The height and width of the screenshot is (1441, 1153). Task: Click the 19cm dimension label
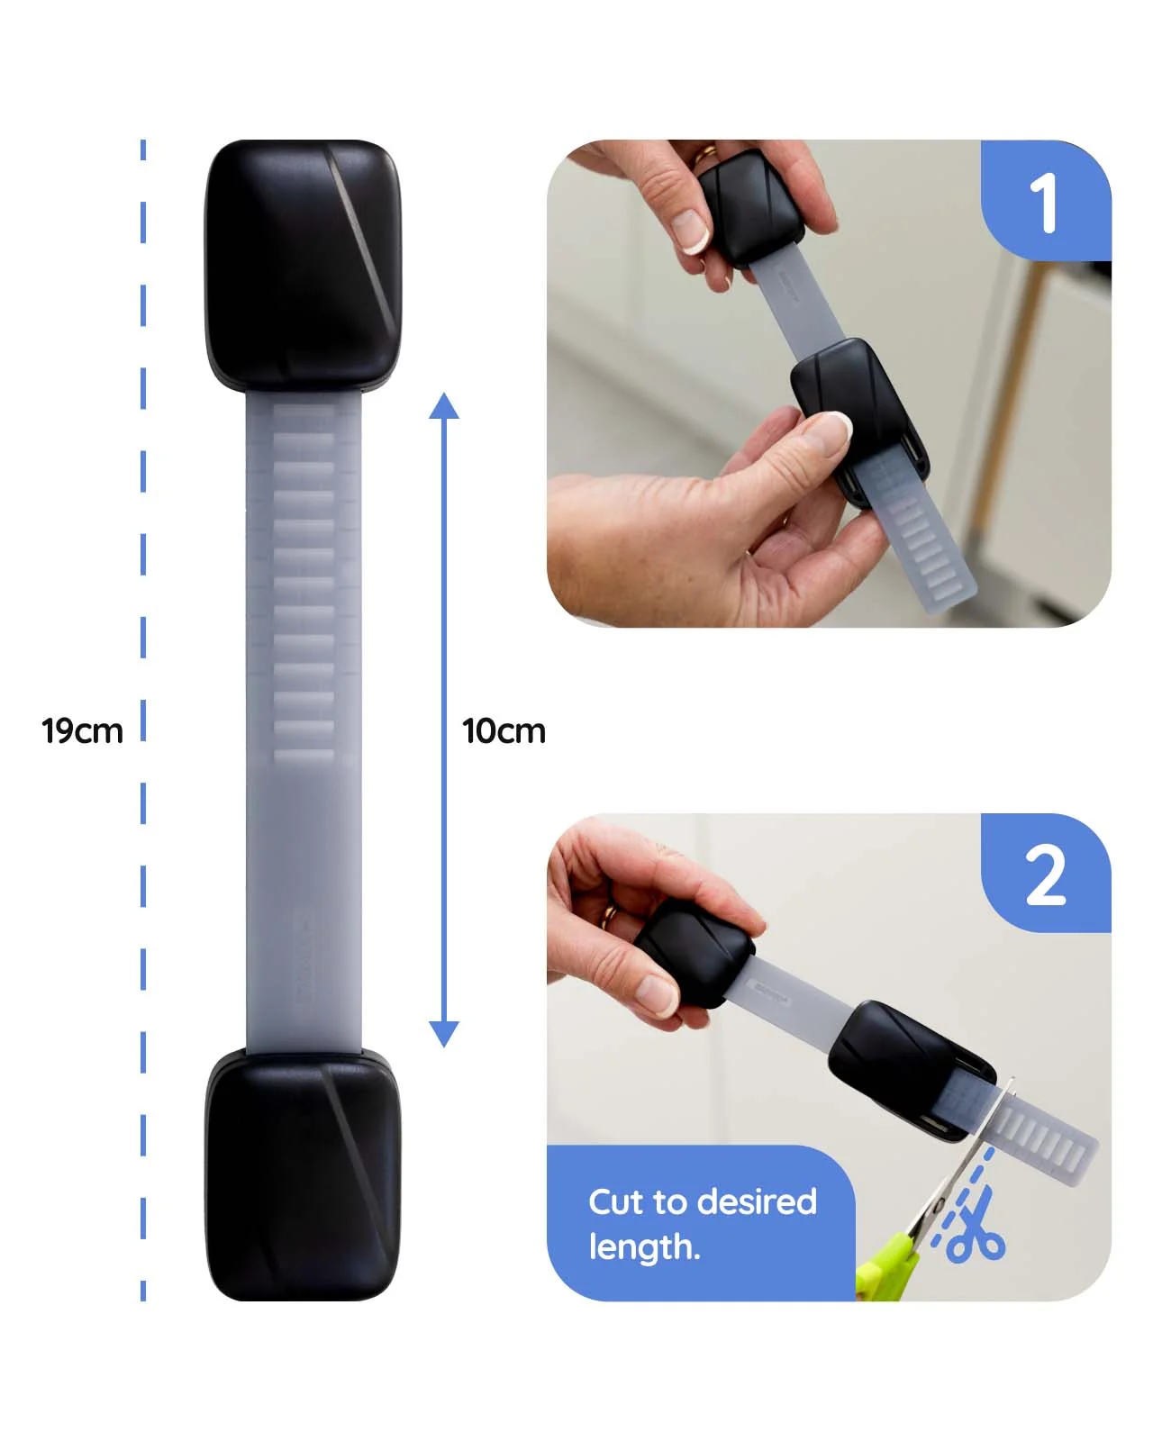(82, 730)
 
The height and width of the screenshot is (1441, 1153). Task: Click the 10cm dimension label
(504, 730)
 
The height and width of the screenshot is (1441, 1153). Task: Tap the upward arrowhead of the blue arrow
(443, 406)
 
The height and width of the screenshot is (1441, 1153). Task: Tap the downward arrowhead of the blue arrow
(443, 1033)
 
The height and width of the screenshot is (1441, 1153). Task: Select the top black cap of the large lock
(303, 264)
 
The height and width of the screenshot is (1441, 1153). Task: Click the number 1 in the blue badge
(1043, 203)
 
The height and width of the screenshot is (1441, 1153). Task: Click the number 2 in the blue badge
(1045, 875)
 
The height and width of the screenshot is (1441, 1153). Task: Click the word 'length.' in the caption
(644, 1246)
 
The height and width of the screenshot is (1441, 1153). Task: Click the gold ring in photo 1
(704, 155)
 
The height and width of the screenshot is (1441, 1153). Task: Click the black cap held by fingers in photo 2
(694, 952)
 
